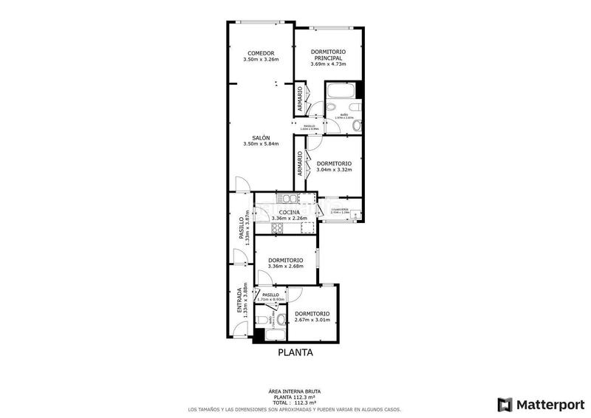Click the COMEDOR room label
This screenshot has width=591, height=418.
point(260,53)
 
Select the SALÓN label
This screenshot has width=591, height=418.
point(260,138)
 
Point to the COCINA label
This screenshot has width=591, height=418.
point(289,212)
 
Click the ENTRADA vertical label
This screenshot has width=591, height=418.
point(239,301)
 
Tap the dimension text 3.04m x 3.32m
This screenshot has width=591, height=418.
point(334,170)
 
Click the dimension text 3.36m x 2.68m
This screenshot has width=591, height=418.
point(286,267)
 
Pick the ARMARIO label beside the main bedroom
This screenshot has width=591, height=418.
point(300,100)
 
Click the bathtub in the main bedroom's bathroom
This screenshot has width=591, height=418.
point(341,92)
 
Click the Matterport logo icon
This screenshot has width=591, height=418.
point(505,404)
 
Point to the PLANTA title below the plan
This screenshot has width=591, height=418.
point(295,353)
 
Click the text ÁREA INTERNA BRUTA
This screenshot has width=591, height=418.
point(295,391)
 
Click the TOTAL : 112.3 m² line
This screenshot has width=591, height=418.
point(295,402)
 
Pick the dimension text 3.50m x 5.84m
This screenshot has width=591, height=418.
point(260,145)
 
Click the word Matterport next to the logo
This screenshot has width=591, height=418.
point(549,404)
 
